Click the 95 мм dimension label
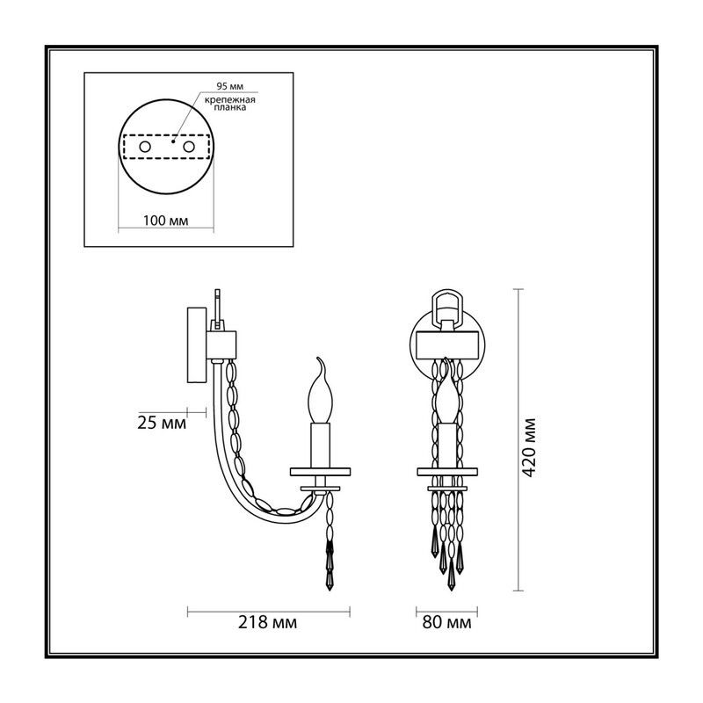pyautogui.click(x=230, y=86)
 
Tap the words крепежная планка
pyautogui.click(x=230, y=104)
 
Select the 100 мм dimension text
pyautogui.click(x=166, y=221)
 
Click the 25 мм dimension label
pyautogui.click(x=162, y=423)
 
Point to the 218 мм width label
pyautogui.click(x=268, y=622)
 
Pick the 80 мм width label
pyautogui.click(x=447, y=622)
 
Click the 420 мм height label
pyautogui.click(x=530, y=447)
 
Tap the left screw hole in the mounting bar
pyautogui.click(x=145, y=147)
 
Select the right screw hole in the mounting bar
pyautogui.click(x=188, y=147)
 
